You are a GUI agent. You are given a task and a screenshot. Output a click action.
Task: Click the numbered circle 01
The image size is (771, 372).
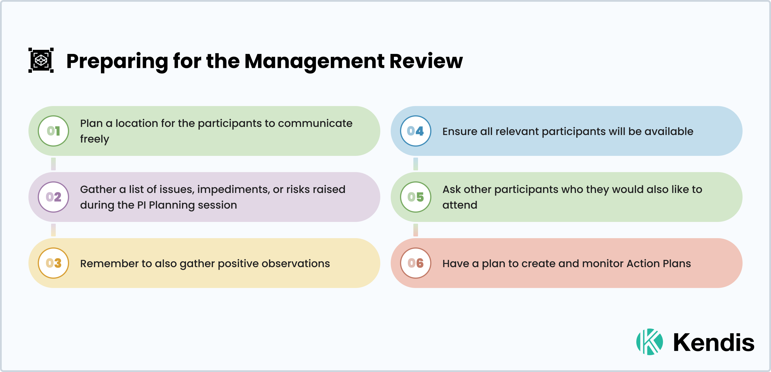[x=53, y=131]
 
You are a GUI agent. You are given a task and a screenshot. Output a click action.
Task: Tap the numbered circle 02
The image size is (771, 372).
[x=53, y=197]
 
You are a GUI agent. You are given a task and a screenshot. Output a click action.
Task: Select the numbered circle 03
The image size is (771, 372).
[x=53, y=263]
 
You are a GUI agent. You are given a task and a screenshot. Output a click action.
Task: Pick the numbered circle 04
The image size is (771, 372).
[x=415, y=131]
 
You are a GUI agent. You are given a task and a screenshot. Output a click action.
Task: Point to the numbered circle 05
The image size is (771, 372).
[x=415, y=197]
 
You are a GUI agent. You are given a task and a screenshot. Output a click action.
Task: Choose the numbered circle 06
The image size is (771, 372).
[x=415, y=263]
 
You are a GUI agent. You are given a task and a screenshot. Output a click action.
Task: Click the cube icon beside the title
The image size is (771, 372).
[x=41, y=60]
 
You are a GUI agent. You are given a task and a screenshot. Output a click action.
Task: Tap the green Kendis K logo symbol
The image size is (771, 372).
[x=649, y=342]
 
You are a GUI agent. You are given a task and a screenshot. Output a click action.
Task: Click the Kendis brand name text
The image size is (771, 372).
[x=714, y=342]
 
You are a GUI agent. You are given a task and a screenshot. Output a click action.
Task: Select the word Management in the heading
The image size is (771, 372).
[x=314, y=61]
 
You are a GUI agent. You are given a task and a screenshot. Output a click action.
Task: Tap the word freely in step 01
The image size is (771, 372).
[x=95, y=139]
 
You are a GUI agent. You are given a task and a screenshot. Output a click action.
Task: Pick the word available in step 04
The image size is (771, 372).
[x=669, y=132]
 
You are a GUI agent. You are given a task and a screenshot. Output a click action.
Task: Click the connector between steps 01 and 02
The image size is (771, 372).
[x=53, y=164]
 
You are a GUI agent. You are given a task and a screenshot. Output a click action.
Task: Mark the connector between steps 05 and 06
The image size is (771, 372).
[x=415, y=230]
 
